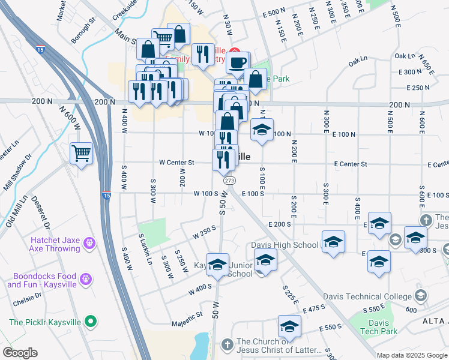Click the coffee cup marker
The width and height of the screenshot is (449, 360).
coord(238,62)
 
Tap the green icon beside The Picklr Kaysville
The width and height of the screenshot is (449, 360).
coord(91,322)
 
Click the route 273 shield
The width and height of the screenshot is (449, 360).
coord(228,181)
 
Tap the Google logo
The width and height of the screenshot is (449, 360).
coord(20,352)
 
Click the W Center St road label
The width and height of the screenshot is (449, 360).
coord(176,163)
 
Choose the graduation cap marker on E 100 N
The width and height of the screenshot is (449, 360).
coord(262,130)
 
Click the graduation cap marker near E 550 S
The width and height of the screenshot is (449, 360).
coord(289,327)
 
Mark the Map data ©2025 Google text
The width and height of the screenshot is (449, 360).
coord(412,355)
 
